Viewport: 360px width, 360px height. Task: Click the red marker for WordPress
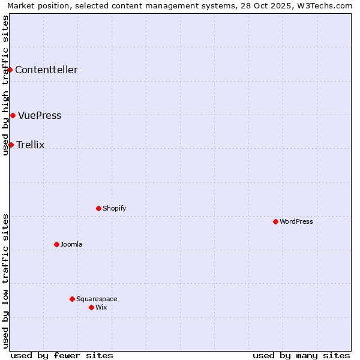[x=275, y=221]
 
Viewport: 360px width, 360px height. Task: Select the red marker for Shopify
[x=98, y=208]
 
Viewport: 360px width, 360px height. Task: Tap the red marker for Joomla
[x=56, y=244]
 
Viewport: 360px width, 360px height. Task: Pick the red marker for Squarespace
[x=72, y=299]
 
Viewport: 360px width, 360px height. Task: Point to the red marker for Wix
[x=91, y=307]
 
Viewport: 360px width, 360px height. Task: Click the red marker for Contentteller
[x=10, y=70]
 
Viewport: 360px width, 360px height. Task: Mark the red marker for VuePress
[x=13, y=115]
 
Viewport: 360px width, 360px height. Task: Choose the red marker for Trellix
[x=11, y=145]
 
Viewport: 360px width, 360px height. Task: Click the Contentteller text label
[x=46, y=70]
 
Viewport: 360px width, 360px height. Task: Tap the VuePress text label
[x=40, y=115]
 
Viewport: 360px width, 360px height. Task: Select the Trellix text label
[x=31, y=145]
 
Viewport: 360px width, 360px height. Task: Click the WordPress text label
[x=296, y=221]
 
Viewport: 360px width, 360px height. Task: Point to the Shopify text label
[x=114, y=208]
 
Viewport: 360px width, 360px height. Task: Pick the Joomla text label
[x=71, y=244]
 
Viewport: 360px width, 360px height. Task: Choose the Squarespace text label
[x=97, y=299]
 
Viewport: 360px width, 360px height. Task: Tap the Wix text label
[x=101, y=307]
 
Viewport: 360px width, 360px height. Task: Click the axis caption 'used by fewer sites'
[x=62, y=355]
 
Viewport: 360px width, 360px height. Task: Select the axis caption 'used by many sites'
[x=301, y=355]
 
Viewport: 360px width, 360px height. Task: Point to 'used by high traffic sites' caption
[x=6, y=85]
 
